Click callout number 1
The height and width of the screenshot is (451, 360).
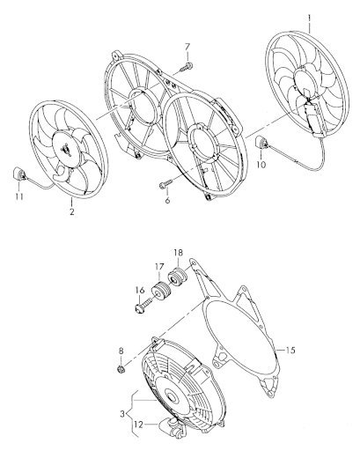(x=308, y=18)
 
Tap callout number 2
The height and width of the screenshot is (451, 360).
(x=72, y=211)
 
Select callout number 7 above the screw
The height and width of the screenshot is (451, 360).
(x=187, y=47)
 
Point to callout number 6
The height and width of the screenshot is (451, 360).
(x=167, y=200)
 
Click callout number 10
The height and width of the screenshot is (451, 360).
(x=261, y=165)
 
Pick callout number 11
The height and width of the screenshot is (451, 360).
(x=19, y=196)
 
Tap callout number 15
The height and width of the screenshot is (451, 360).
(x=290, y=350)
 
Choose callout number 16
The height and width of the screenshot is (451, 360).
(x=140, y=291)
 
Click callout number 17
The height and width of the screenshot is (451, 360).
(x=159, y=267)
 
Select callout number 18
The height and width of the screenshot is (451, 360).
(x=178, y=253)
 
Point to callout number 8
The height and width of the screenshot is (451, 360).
(x=121, y=351)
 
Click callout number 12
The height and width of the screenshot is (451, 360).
(x=139, y=425)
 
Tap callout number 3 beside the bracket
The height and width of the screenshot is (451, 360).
(x=122, y=414)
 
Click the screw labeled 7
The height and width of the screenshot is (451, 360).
(x=187, y=67)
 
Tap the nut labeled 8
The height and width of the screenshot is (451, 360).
(x=121, y=368)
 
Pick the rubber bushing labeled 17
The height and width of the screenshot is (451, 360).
(x=160, y=292)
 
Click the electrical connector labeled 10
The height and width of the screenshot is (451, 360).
(x=261, y=144)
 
